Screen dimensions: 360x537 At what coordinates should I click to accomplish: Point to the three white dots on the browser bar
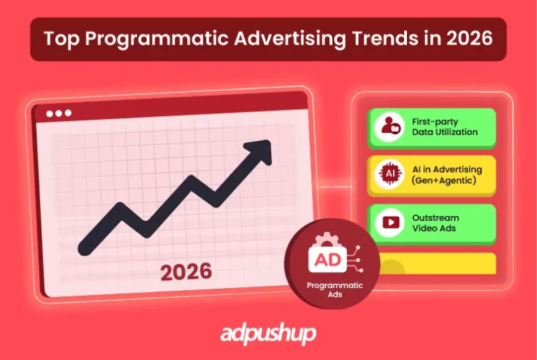(x=59, y=113)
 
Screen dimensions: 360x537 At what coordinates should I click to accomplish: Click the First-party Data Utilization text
(x=444, y=127)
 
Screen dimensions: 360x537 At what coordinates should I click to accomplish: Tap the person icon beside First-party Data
(x=387, y=127)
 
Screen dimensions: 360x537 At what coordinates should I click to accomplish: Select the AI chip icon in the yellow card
(x=387, y=175)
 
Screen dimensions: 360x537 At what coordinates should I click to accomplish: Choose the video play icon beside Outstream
(x=387, y=223)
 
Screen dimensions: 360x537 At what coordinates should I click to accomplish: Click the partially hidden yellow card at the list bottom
(x=434, y=264)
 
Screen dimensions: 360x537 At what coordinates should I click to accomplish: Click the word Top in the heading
(x=58, y=38)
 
